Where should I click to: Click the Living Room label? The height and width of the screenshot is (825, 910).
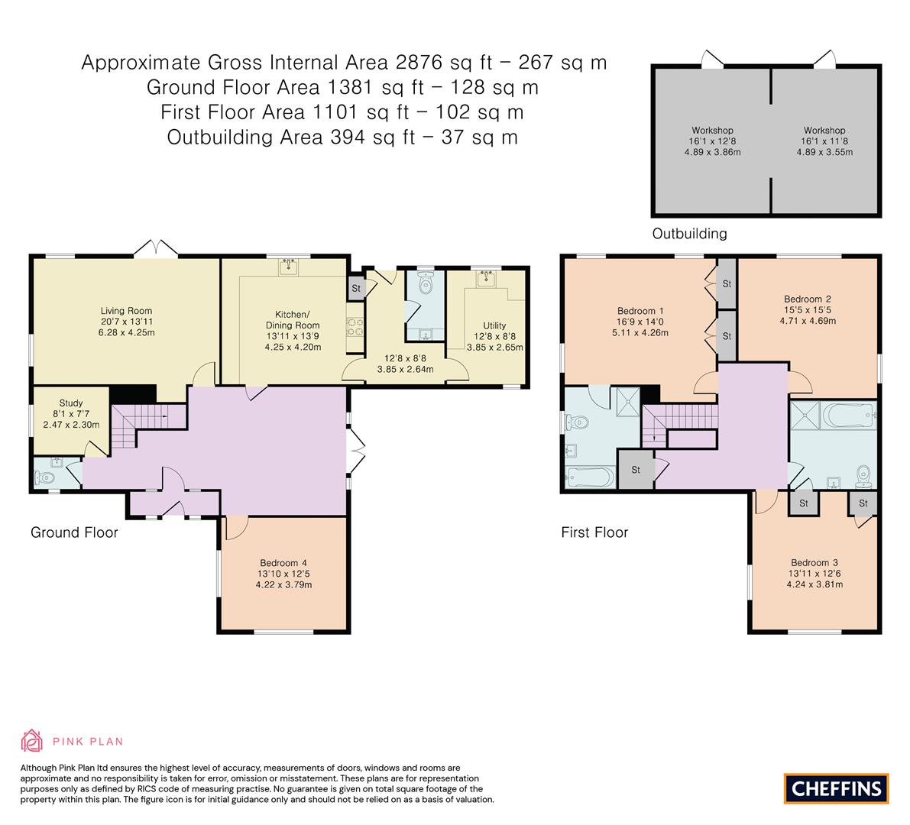pos(126,311)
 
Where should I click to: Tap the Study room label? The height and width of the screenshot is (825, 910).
pos(71,403)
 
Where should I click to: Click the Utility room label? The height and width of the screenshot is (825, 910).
pos(494,325)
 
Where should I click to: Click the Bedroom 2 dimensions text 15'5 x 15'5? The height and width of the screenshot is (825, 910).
pos(807,310)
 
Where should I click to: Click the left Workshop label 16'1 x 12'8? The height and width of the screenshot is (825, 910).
pos(712,141)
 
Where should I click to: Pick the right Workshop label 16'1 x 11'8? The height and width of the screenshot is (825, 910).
pos(824,141)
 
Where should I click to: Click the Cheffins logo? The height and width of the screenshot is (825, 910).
pos(836,788)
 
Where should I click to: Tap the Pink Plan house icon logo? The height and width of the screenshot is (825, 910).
pos(32,740)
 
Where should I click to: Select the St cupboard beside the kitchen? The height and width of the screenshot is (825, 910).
pos(356,289)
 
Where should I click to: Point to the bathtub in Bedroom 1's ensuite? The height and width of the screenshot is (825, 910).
pos(589,478)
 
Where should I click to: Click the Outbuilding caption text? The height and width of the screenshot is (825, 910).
pos(689,234)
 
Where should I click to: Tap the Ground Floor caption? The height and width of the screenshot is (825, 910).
pos(74,532)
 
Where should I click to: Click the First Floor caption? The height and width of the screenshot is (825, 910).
pos(594,532)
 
